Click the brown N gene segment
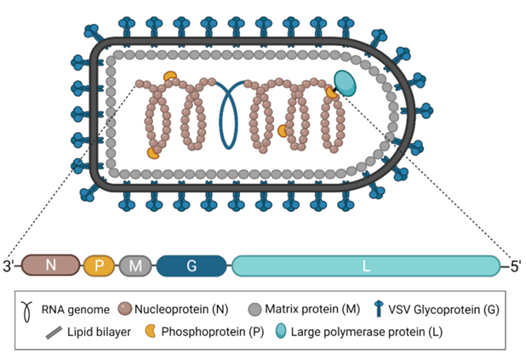[x=51, y=266]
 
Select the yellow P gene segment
[x=99, y=266]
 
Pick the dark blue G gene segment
[x=192, y=266]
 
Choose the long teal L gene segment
[x=366, y=266]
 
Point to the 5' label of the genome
[x=516, y=266]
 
